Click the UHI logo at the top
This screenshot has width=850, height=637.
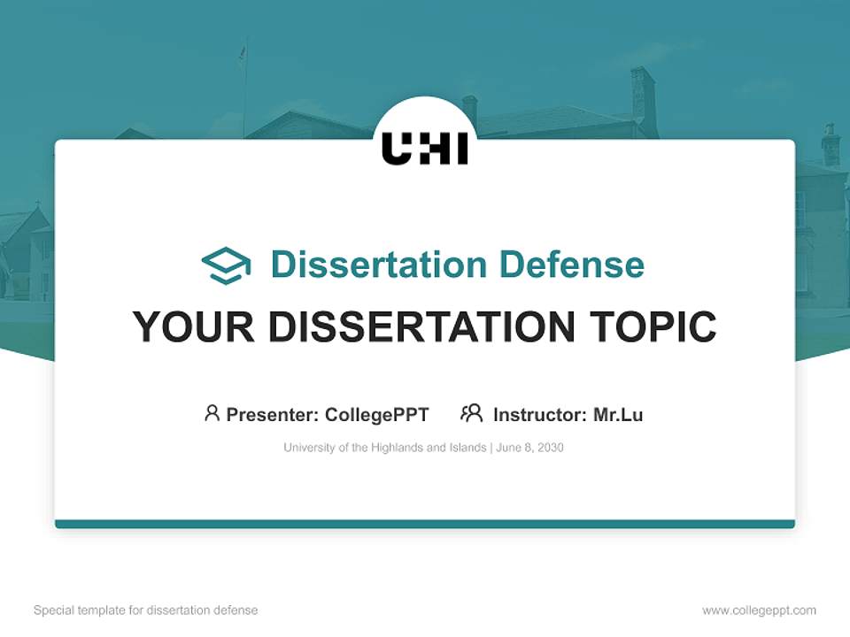425,148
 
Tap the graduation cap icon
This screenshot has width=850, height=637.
226,265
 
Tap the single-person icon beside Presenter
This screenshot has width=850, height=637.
212,413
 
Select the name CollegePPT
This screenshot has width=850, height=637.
376,414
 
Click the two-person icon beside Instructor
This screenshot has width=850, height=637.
471,413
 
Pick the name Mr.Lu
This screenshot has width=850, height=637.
618,414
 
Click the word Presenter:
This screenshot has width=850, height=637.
273,414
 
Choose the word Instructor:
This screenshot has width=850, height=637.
539,414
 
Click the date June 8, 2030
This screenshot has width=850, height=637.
529,448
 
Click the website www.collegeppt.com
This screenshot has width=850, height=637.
759,610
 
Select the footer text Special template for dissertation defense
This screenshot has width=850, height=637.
145,610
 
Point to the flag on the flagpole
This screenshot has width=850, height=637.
242,53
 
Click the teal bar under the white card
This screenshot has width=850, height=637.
425,524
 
